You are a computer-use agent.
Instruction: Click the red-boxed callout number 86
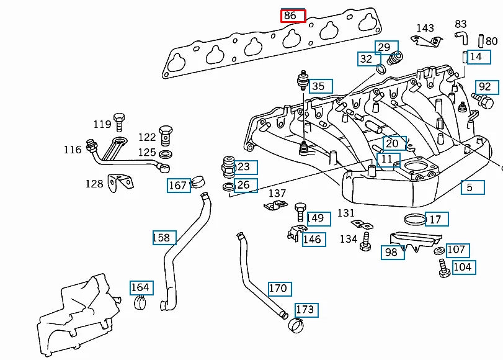tap(293, 16)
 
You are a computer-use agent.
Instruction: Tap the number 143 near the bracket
tap(425, 29)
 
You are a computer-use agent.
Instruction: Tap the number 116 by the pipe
tap(73, 150)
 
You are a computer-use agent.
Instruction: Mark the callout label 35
tap(319, 86)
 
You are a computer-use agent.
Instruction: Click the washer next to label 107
tap(439, 251)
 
